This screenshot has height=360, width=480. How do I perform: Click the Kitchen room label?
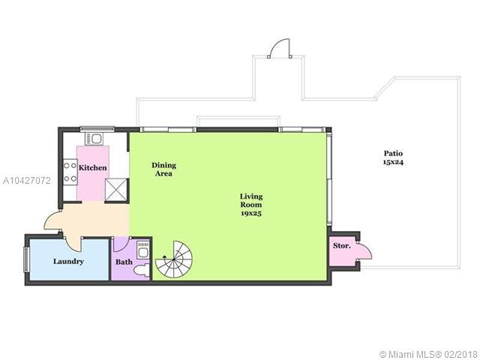[93, 168]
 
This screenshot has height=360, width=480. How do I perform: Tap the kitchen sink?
[94, 139]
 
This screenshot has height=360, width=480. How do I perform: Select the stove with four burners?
[70, 172]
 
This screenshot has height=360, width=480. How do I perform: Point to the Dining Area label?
[163, 169]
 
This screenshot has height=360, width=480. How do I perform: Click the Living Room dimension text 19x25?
[251, 213]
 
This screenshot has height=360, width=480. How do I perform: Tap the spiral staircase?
[173, 259]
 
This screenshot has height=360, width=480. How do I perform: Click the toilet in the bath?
[141, 271]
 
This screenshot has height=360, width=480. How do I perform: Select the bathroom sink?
[143, 250]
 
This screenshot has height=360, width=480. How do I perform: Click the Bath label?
[124, 262]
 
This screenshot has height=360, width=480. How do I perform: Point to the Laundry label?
[68, 262]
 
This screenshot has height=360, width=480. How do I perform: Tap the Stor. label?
[342, 245]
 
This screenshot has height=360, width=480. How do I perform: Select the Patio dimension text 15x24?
[393, 162]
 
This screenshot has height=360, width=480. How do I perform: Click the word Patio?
[393, 153]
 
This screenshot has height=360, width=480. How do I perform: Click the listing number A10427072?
[27, 181]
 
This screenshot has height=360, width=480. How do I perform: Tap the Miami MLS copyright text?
[429, 354]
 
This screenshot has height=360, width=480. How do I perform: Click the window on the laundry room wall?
[27, 259]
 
